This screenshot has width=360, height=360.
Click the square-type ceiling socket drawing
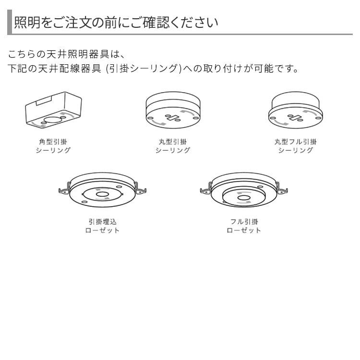[x=53, y=110]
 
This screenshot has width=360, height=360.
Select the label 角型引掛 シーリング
[x=53, y=146]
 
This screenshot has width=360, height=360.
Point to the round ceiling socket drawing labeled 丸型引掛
[x=173, y=110]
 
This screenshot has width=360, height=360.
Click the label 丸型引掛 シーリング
[x=173, y=146]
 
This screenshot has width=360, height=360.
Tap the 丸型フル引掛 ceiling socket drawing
[x=295, y=110]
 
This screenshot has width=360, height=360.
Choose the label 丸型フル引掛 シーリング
[x=295, y=146]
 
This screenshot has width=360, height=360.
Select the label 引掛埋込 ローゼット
[x=102, y=226]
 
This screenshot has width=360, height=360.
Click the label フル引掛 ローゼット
[x=244, y=226]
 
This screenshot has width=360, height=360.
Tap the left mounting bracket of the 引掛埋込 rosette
[x=63, y=191]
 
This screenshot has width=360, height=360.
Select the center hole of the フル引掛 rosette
[x=244, y=198]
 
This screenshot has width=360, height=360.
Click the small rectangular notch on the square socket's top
[x=46, y=102]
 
